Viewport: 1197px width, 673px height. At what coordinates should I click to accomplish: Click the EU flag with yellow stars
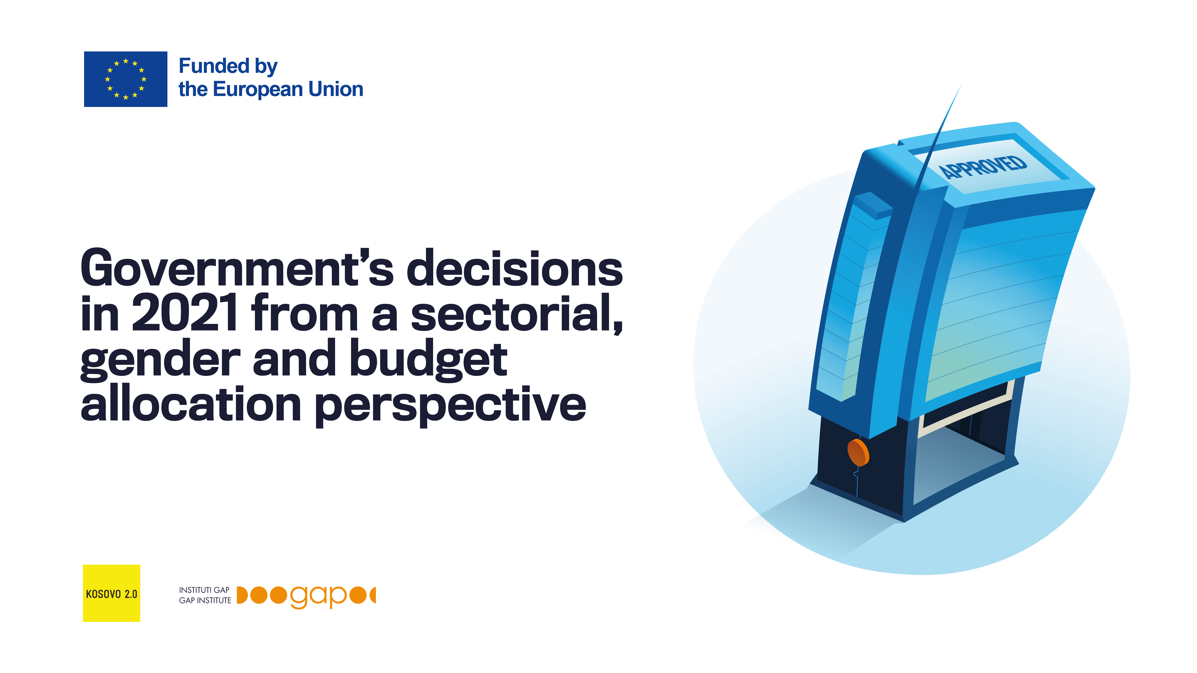point(126,79)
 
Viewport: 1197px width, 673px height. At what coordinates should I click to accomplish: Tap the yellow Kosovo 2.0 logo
point(111,593)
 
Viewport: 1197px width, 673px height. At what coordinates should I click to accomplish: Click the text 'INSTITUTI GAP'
point(205,590)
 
